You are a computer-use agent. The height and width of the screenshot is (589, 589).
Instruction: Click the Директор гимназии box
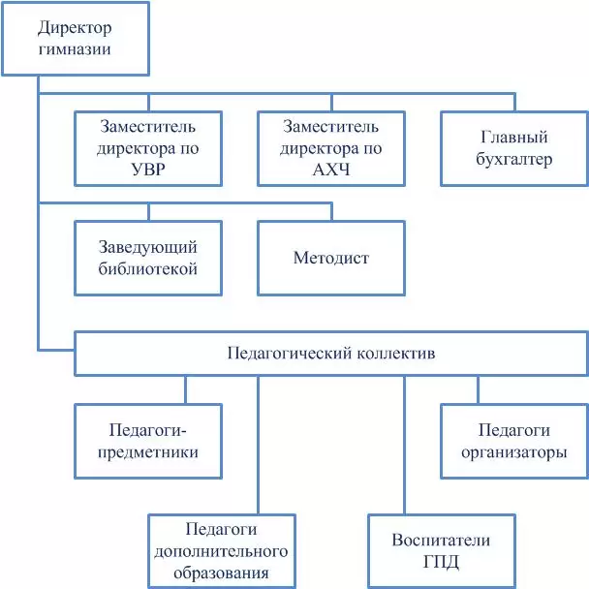(x=76, y=39)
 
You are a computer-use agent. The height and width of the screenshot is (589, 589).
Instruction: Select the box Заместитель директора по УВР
(x=148, y=148)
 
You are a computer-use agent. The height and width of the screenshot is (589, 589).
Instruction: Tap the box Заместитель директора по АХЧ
(x=331, y=148)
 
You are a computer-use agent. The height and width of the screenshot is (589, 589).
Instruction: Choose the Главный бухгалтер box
(x=514, y=148)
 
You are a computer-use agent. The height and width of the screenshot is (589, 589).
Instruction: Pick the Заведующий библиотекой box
(x=148, y=258)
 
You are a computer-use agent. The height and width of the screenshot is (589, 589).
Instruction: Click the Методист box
(x=331, y=258)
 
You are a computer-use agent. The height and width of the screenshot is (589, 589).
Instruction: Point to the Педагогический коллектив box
(x=331, y=353)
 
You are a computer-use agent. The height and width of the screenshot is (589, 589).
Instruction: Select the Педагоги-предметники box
(x=148, y=441)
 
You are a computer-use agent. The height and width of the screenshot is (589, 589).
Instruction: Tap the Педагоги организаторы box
(x=514, y=441)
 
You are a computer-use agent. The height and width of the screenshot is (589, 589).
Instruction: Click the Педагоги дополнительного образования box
(x=222, y=551)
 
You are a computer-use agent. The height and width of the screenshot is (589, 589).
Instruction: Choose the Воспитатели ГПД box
(x=442, y=551)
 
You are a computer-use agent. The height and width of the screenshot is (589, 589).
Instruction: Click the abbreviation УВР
(x=148, y=170)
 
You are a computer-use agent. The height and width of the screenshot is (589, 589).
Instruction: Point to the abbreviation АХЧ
(x=331, y=170)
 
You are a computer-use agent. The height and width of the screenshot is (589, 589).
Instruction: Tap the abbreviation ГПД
(x=441, y=562)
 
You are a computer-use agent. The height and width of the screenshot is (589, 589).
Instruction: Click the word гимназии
(x=75, y=49)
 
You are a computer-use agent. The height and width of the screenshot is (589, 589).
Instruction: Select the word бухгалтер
(x=513, y=159)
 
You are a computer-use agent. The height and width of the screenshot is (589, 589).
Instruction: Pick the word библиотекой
(x=148, y=269)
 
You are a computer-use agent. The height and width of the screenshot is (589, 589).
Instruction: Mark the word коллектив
(x=396, y=353)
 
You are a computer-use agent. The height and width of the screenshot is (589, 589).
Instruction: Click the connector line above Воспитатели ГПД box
(x=404, y=445)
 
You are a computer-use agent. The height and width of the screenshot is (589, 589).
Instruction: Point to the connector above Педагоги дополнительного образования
(x=258, y=445)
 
